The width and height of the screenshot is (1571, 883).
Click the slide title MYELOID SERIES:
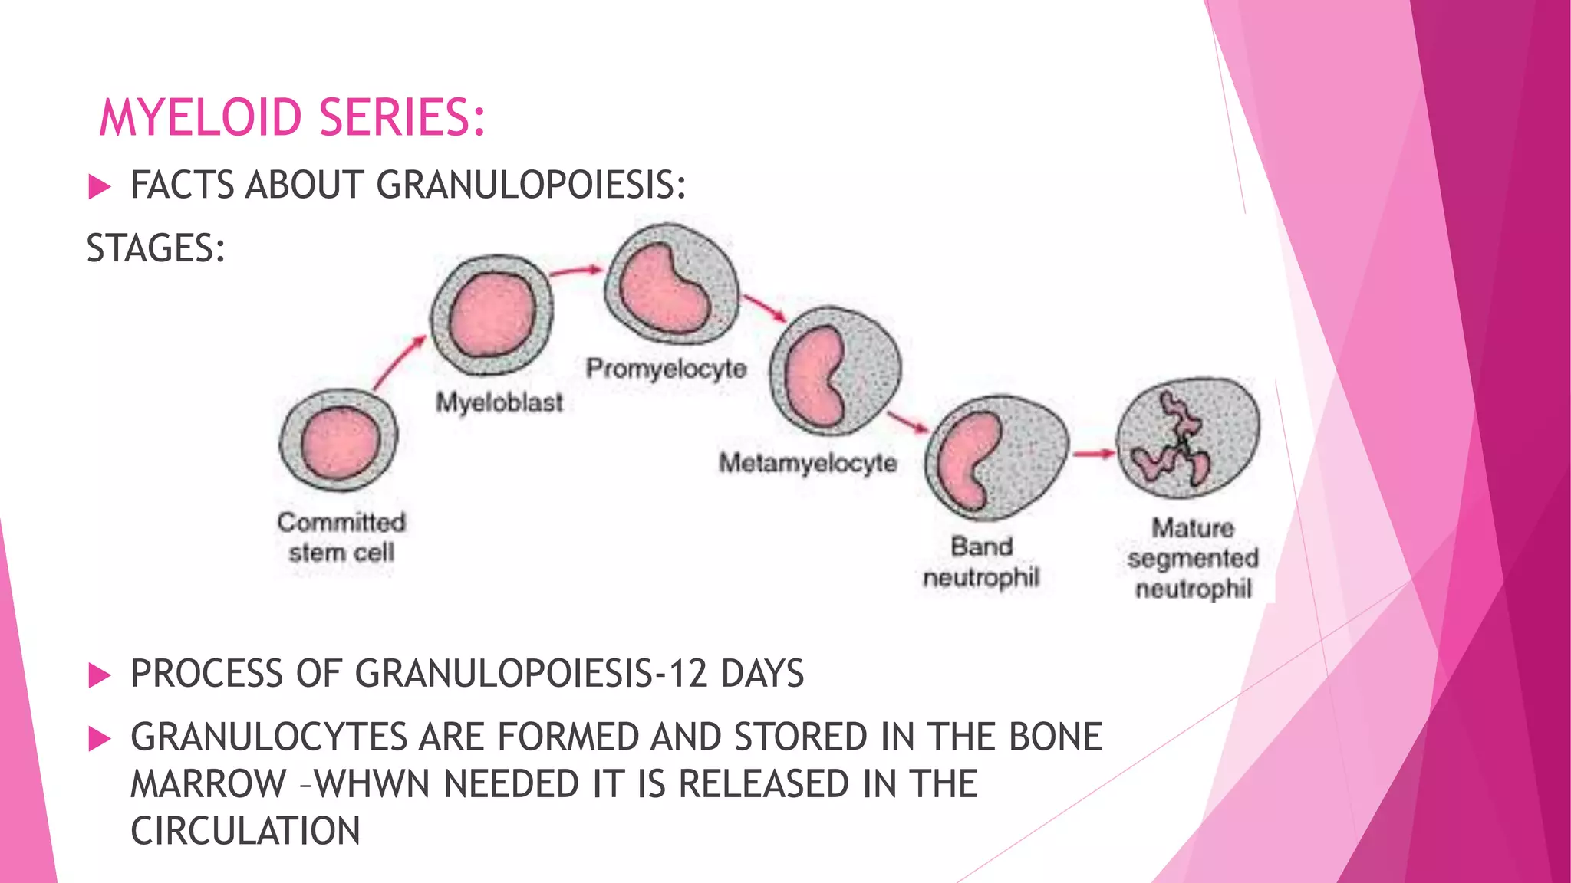pyautogui.click(x=292, y=118)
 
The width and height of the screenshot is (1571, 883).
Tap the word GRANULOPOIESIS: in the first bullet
pyautogui.click(x=531, y=185)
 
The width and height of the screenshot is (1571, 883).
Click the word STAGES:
pyautogui.click(x=156, y=249)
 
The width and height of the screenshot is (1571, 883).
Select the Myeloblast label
pyautogui.click(x=499, y=402)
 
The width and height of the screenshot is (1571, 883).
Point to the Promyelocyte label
pyautogui.click(x=666, y=369)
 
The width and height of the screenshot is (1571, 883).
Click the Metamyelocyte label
pyautogui.click(x=808, y=463)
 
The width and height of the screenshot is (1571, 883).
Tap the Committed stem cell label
pyautogui.click(x=341, y=537)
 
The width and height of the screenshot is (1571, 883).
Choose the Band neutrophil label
pyautogui.click(x=981, y=562)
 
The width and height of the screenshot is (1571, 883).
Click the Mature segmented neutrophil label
pyautogui.click(x=1193, y=558)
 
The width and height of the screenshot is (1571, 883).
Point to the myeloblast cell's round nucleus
pyautogui.click(x=492, y=315)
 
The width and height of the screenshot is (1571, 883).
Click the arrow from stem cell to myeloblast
pyautogui.click(x=399, y=363)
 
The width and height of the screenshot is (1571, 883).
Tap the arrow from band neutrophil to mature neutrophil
pyautogui.click(x=1093, y=454)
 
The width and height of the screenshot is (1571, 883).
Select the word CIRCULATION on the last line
pyautogui.click(x=245, y=832)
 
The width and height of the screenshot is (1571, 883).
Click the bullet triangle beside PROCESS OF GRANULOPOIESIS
pyautogui.click(x=100, y=675)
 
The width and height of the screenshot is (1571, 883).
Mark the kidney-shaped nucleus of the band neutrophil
pyautogui.click(x=965, y=460)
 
